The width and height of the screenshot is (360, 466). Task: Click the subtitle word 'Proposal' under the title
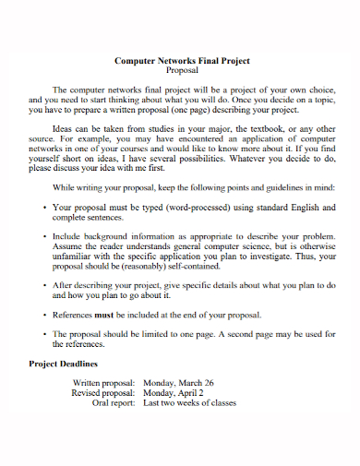[x=182, y=70]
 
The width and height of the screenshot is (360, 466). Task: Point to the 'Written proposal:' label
[x=103, y=382]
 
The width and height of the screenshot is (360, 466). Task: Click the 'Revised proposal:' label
[x=103, y=392]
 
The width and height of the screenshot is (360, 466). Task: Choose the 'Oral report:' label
[x=114, y=402]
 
